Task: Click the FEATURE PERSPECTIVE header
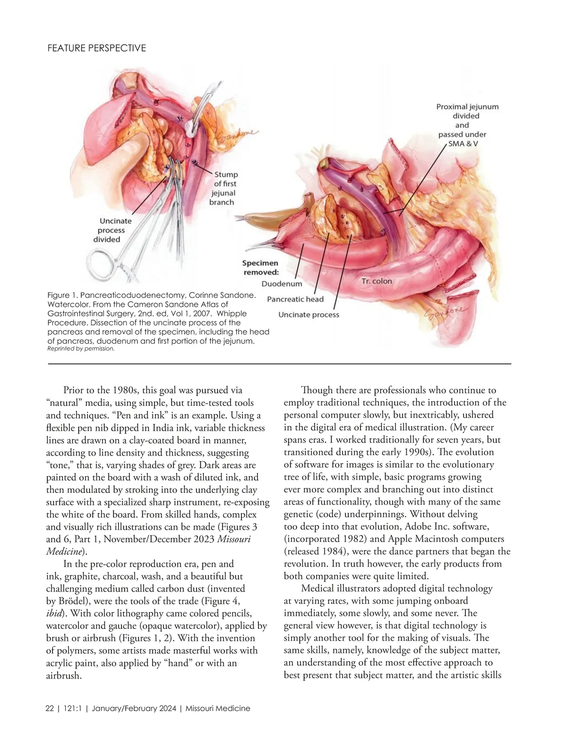(97, 48)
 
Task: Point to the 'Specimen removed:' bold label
(260, 267)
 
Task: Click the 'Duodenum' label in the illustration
(282, 284)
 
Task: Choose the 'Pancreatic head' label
(295, 299)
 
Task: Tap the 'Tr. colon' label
(377, 281)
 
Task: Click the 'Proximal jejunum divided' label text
(467, 111)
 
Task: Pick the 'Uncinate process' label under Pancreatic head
(309, 314)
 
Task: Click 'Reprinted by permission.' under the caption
(81, 349)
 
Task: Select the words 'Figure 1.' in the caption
(62, 295)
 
